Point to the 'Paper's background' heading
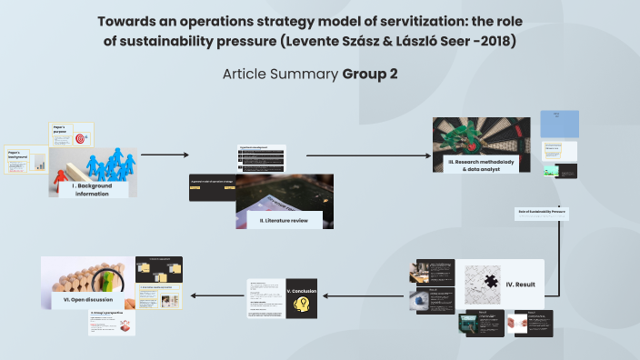(x=19, y=155)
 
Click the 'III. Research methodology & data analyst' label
(x=480, y=165)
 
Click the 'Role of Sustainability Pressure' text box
(x=542, y=212)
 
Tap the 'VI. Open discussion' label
(x=83, y=298)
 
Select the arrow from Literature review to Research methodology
(x=368, y=155)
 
